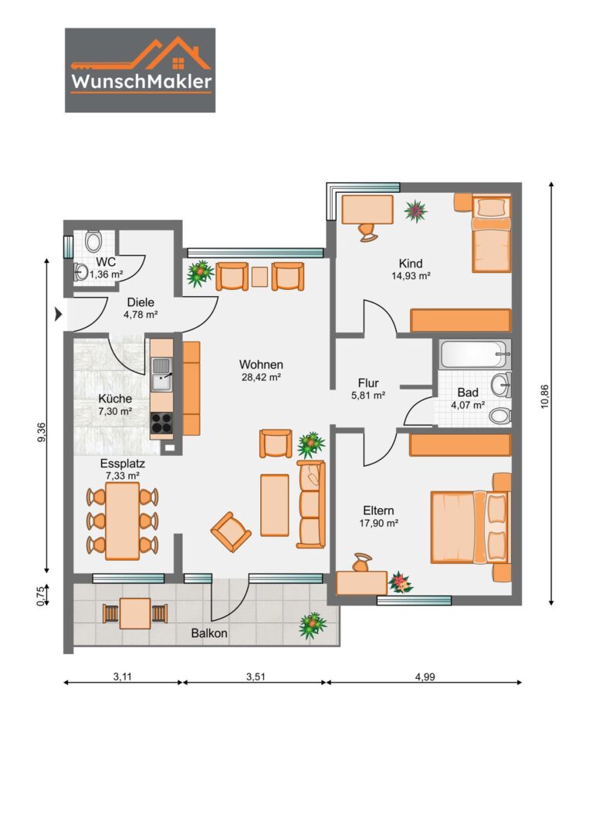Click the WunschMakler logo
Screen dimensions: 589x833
click(140, 70)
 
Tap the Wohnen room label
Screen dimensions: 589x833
click(261, 364)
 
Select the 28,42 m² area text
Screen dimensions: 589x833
click(261, 377)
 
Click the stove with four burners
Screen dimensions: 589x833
click(161, 423)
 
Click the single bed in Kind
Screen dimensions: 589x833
click(492, 234)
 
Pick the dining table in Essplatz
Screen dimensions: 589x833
click(122, 521)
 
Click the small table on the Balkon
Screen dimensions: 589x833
click(135, 613)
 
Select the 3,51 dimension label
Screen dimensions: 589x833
click(256, 677)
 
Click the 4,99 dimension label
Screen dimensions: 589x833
click(425, 677)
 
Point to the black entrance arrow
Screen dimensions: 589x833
click(59, 315)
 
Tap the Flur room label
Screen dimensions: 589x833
click(368, 383)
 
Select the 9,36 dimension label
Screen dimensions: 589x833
click(42, 431)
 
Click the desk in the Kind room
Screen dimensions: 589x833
click(367, 210)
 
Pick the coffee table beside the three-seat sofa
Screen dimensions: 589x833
click(275, 505)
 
